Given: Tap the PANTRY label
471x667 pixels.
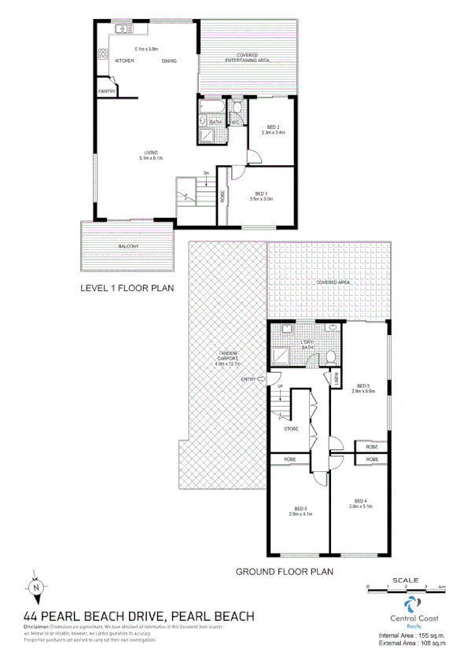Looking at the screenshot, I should click(107, 92).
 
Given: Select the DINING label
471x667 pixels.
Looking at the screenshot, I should click(169, 61).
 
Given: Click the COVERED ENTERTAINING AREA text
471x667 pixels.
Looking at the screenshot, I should click(248, 57).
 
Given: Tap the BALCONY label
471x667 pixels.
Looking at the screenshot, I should click(129, 248).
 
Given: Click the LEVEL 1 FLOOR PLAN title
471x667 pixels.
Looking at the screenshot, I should click(116, 289).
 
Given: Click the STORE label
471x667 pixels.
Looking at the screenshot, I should click(290, 429).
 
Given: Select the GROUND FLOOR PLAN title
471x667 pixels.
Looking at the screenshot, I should click(285, 573).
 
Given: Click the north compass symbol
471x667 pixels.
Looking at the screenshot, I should click(36, 587).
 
